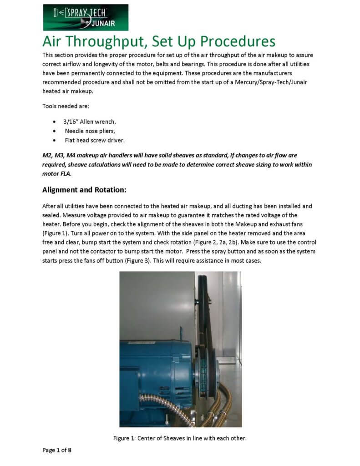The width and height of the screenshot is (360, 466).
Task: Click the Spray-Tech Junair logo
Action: (85, 17)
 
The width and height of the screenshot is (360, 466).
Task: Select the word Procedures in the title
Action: (237, 41)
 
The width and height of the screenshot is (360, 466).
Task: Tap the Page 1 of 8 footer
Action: (57, 450)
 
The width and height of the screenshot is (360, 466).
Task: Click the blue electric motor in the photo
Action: (150, 369)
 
